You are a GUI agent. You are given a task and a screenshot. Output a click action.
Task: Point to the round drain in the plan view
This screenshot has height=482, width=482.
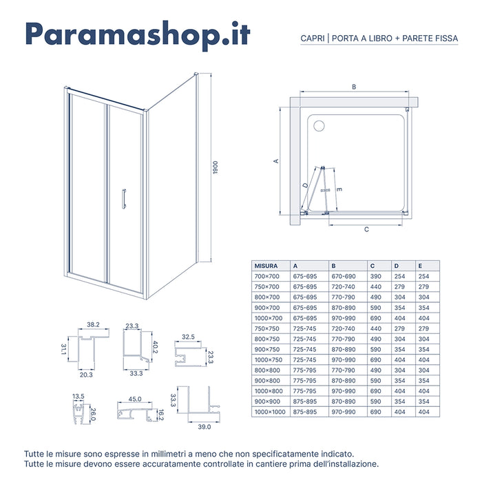tap(318, 126)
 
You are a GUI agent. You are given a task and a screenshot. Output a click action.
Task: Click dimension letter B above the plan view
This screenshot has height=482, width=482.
tap(354, 87)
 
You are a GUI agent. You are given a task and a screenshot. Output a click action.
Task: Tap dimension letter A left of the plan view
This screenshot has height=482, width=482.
tap(275, 160)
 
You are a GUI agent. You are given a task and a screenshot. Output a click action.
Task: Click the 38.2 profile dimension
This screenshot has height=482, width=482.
tap(94, 324)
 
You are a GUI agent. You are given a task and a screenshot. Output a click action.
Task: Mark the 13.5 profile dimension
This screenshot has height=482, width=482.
tap(78, 397)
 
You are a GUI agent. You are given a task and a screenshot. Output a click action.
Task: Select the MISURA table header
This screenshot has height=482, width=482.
tap(266, 265)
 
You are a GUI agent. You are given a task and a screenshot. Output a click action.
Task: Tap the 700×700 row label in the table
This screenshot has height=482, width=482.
tap(266, 275)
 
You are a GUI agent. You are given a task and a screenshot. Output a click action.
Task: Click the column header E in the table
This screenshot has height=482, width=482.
tap(419, 265)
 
